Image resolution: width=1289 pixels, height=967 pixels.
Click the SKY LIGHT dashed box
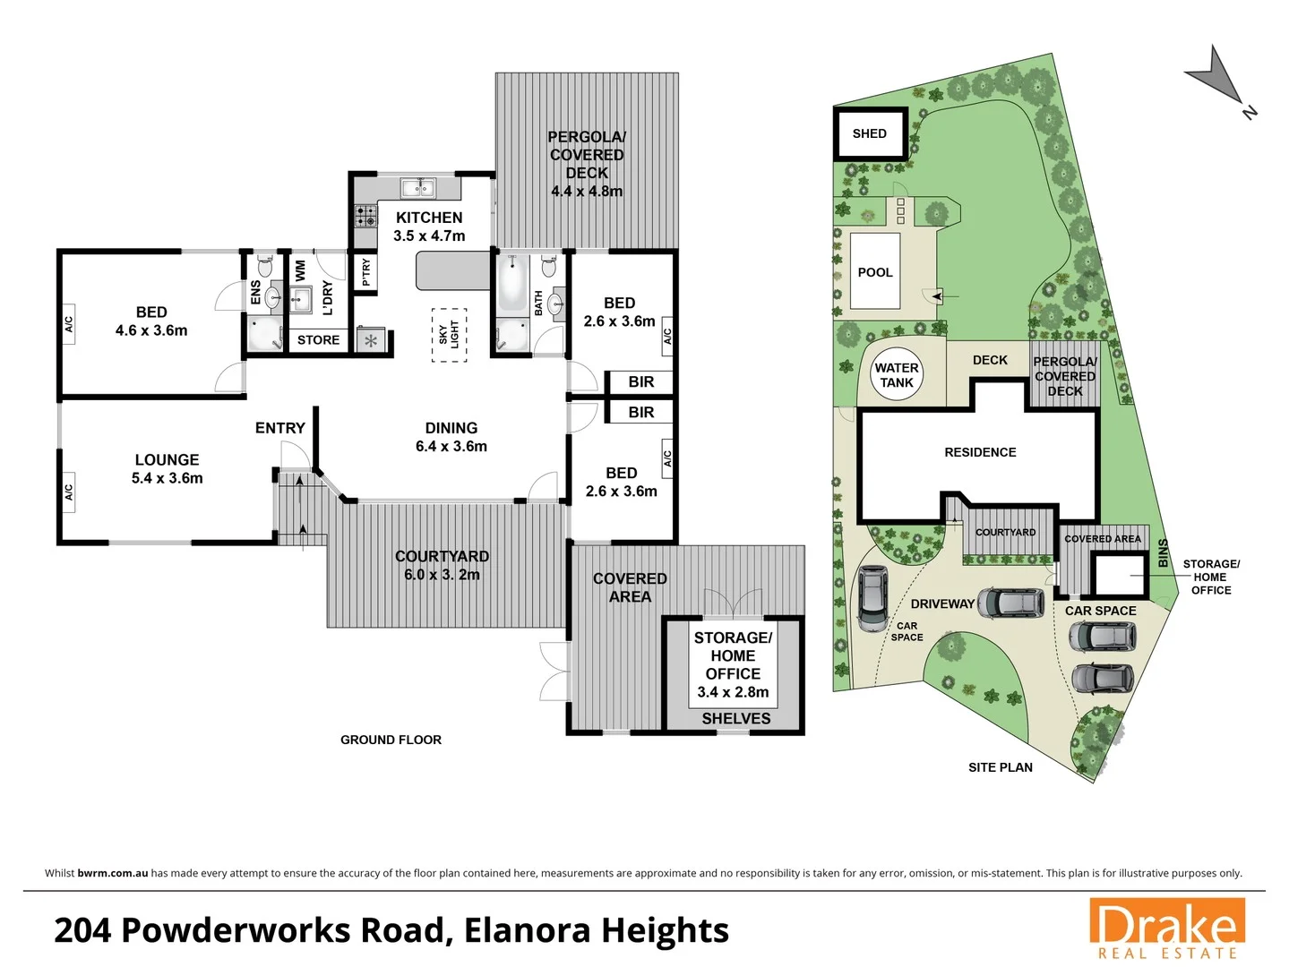click(449, 335)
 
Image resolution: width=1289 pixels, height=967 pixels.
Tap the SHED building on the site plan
click(870, 133)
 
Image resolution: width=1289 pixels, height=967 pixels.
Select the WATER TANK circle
click(896, 374)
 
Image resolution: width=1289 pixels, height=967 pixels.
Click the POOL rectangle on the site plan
click(874, 272)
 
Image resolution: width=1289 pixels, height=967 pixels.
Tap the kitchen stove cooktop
click(365, 215)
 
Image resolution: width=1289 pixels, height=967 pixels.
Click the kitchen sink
click(417, 187)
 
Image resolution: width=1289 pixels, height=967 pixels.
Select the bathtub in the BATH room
click(512, 285)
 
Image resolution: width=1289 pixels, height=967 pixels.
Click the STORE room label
click(318, 340)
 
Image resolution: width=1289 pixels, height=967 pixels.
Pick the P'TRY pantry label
click(365, 272)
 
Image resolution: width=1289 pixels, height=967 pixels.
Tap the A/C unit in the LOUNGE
click(68, 492)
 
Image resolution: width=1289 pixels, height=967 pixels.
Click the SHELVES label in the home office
click(735, 718)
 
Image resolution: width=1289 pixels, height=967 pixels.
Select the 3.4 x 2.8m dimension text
click(733, 692)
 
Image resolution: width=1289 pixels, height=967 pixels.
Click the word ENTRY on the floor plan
click(279, 428)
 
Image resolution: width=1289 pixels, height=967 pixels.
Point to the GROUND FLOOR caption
click(391, 740)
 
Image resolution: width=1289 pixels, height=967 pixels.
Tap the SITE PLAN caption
click(1000, 767)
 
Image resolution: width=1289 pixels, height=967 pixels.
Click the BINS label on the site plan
click(1163, 552)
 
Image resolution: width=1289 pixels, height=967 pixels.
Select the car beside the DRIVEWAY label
click(1010, 603)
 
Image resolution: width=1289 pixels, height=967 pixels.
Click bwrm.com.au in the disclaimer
click(113, 873)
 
